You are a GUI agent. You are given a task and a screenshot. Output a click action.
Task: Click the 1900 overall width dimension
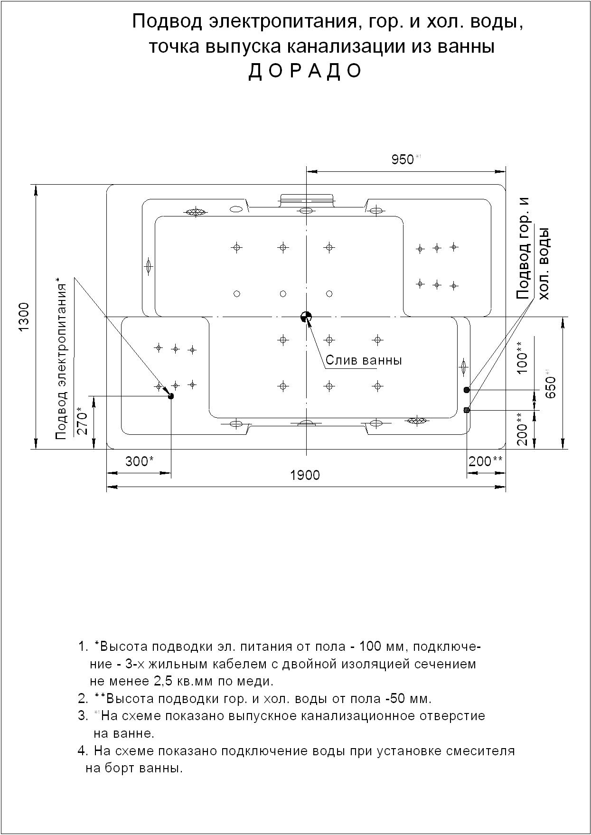coord(305,475)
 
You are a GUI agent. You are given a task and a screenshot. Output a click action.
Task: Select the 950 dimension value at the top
coord(403,159)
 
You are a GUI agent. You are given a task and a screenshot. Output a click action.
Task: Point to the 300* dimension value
coord(139,461)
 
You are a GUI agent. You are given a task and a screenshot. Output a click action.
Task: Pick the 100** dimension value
coord(522,357)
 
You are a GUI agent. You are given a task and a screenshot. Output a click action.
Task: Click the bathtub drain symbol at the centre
coord(306,317)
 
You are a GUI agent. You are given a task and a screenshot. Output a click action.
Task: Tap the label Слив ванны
coord(364,360)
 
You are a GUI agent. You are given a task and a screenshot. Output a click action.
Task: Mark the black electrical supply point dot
coord(171,396)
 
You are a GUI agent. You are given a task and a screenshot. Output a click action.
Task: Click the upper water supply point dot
coord(467,390)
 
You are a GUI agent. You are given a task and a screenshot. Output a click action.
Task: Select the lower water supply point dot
coord(467,410)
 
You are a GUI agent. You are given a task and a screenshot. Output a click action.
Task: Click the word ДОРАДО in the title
coord(305,71)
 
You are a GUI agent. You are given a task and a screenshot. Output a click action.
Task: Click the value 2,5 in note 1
coord(164,682)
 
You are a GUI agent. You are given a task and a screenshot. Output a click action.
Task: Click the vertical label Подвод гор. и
coord(523,248)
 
